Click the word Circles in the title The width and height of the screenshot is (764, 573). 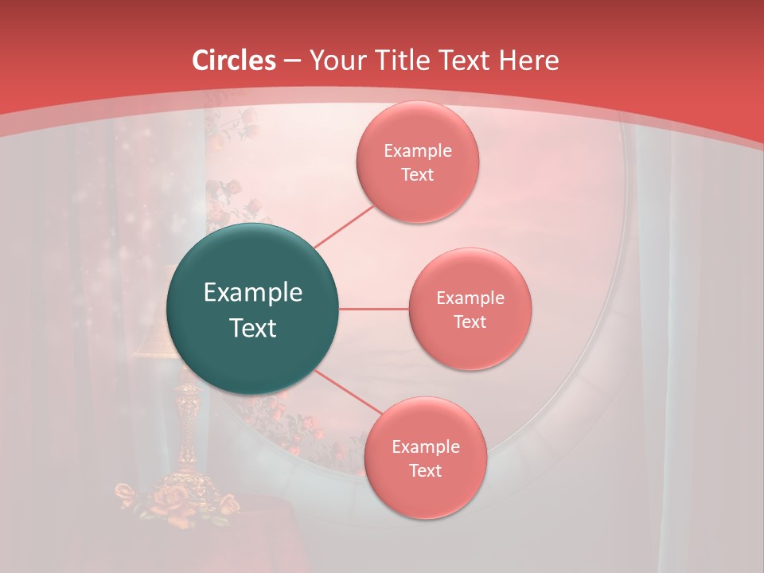(x=234, y=60)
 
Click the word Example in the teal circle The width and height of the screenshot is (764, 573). (x=253, y=293)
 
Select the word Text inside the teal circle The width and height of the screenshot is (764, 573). (x=253, y=328)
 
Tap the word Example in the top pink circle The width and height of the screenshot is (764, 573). (x=418, y=151)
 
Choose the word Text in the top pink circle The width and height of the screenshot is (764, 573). (x=417, y=174)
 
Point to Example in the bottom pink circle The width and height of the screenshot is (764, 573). (x=426, y=447)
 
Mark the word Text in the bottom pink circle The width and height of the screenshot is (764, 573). (x=425, y=470)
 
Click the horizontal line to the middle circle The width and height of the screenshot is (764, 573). (x=374, y=309)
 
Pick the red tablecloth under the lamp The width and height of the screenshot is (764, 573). (x=271, y=541)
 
